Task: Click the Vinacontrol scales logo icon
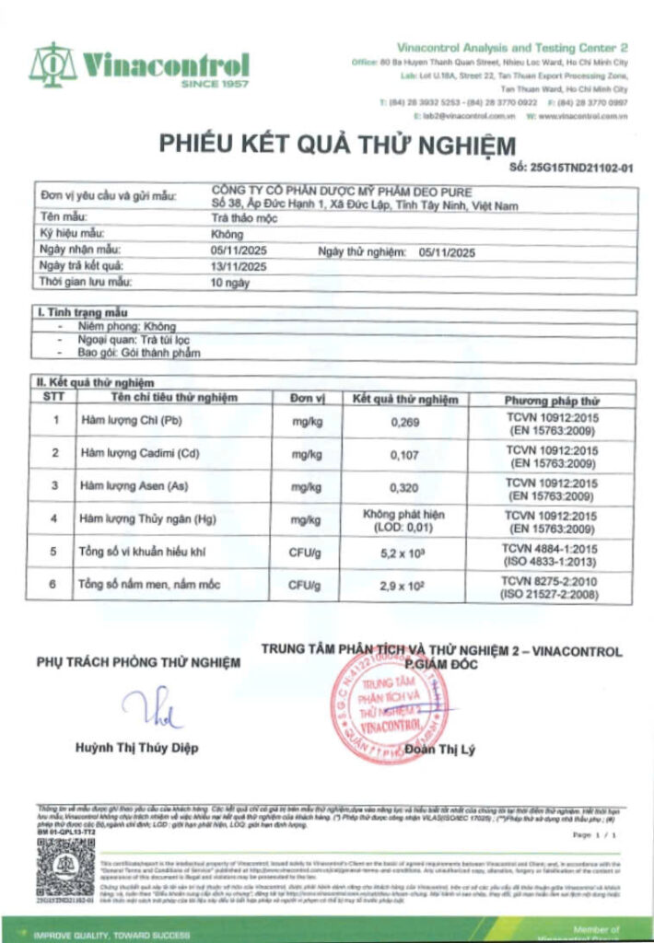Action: (x=53, y=64)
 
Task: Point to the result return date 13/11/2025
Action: (x=238, y=266)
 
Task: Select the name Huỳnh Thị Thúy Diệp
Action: (x=136, y=748)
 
